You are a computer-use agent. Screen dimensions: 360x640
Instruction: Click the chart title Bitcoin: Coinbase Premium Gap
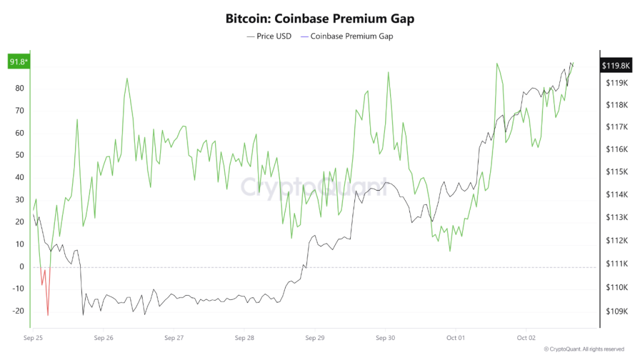click(319, 19)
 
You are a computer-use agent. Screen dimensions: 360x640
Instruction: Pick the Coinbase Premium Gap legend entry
click(347, 36)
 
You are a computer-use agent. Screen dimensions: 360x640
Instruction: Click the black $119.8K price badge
click(616, 65)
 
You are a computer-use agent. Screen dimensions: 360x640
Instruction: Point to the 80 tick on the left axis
click(19, 88)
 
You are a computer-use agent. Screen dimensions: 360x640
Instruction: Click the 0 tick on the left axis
click(21, 267)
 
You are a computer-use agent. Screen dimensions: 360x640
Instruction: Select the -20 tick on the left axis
click(17, 311)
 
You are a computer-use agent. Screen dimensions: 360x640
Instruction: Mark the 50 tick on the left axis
click(19, 155)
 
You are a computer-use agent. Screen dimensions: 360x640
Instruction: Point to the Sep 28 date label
click(244, 338)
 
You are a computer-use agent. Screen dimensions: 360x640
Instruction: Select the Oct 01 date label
click(456, 338)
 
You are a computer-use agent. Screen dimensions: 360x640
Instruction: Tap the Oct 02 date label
click(526, 338)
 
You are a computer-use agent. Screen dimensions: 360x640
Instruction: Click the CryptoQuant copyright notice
click(584, 349)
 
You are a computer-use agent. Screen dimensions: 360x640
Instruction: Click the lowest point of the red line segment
click(47, 315)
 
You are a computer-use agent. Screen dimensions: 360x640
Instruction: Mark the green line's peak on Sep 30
click(388, 72)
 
